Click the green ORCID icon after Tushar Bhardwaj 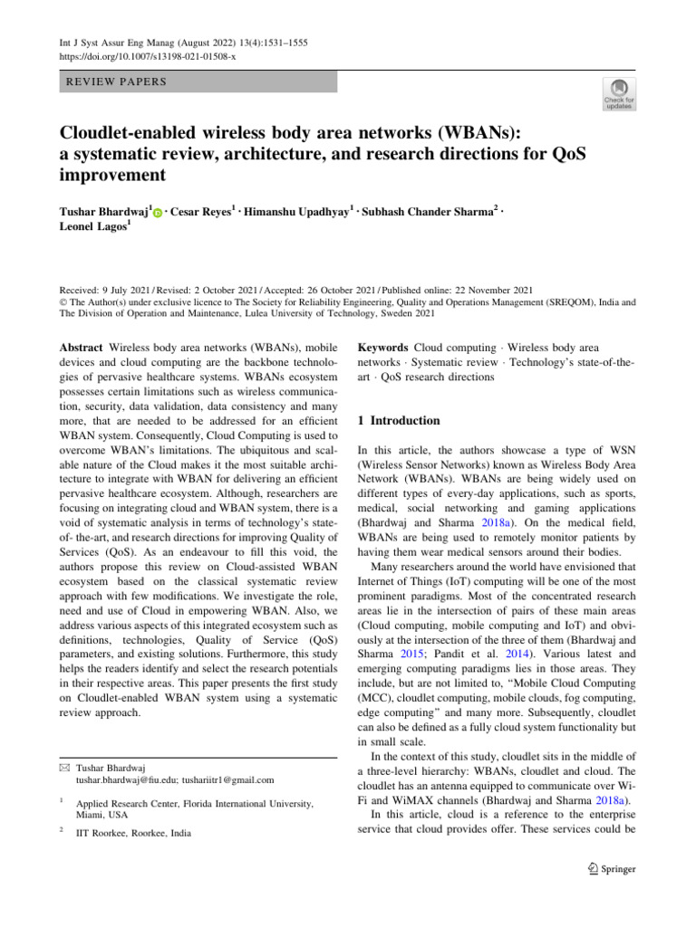[x=158, y=213]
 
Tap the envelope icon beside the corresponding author [x=65, y=766]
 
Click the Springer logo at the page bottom [x=605, y=869]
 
